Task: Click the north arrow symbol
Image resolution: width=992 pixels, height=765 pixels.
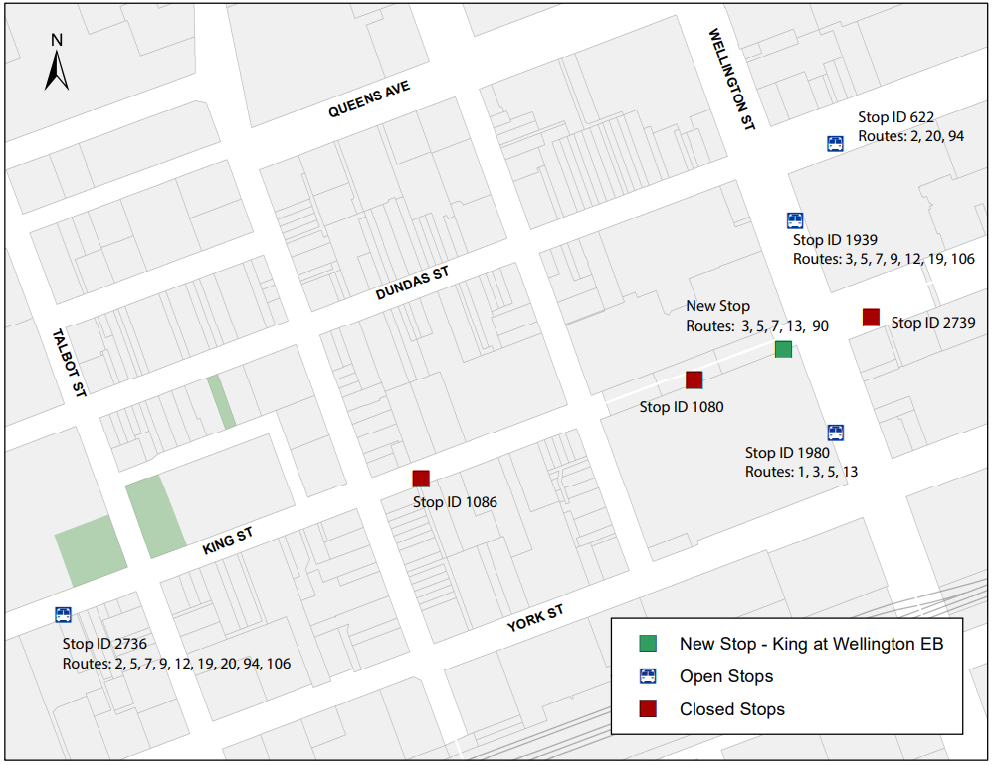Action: [57, 65]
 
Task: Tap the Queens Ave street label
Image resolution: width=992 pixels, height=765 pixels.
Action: [369, 100]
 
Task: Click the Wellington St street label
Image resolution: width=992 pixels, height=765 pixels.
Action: [732, 80]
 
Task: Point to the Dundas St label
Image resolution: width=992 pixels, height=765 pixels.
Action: [413, 284]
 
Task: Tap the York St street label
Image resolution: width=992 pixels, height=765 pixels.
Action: [535, 619]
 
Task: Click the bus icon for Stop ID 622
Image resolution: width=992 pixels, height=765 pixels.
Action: [835, 143]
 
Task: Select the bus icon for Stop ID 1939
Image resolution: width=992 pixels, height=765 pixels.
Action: [795, 220]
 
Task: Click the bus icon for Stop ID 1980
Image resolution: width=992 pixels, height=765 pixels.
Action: [835, 432]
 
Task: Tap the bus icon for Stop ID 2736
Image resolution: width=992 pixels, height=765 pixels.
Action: [63, 615]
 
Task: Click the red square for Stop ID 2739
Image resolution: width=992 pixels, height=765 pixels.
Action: [871, 317]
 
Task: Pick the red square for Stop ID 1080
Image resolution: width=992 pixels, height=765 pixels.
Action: [694, 379]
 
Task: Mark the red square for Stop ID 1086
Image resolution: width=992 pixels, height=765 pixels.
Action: [421, 478]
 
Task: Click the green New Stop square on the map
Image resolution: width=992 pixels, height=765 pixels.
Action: [783, 349]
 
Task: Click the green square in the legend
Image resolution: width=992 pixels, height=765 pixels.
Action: [648, 644]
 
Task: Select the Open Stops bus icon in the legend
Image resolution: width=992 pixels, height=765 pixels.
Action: [648, 676]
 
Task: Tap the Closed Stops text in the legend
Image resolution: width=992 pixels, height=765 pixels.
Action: [731, 709]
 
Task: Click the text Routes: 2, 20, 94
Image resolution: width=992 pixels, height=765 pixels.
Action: [910, 136]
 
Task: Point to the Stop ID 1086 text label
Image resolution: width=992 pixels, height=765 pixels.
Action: [455, 502]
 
